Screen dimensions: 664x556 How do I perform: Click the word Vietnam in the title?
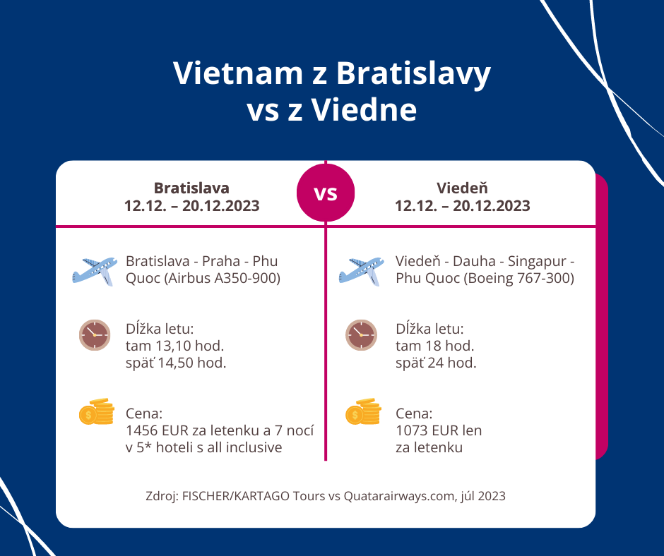(x=238, y=73)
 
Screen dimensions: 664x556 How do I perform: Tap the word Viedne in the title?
(x=364, y=109)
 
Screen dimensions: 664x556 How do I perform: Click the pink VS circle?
(x=326, y=193)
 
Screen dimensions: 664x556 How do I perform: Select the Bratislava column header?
(x=191, y=197)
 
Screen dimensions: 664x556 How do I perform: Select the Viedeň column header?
(x=463, y=197)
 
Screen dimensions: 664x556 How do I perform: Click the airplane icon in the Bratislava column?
(x=95, y=272)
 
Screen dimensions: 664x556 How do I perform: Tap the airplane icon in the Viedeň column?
(x=361, y=272)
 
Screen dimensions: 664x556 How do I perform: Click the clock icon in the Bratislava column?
(x=95, y=335)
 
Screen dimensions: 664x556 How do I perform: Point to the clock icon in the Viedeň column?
(x=361, y=335)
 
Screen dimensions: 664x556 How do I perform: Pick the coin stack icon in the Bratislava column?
(x=97, y=411)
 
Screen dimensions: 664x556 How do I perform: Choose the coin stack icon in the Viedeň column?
(x=363, y=411)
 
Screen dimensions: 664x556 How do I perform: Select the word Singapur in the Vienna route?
(x=537, y=262)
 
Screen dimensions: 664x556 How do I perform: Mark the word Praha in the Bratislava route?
(x=221, y=261)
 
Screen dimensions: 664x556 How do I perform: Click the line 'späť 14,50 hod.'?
(x=176, y=363)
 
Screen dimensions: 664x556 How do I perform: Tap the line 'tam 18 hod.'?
(x=435, y=346)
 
